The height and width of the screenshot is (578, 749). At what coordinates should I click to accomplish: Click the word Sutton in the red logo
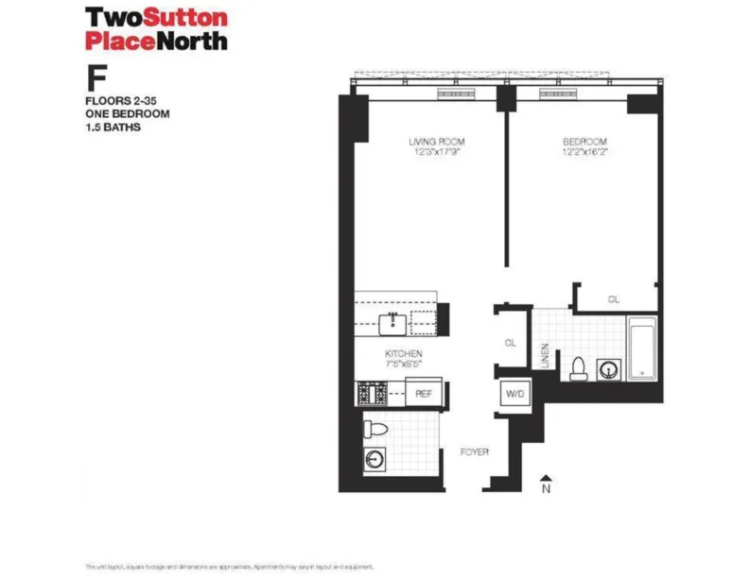point(179,17)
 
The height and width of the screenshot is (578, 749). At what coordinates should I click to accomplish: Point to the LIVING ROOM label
point(436,142)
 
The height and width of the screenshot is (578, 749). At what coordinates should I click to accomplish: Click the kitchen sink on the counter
point(393,324)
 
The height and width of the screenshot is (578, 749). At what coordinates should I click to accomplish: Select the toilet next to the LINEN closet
point(578,366)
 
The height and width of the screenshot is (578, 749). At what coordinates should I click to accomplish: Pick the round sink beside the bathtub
point(607,367)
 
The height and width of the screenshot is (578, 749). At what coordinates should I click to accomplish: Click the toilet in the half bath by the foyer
point(375,430)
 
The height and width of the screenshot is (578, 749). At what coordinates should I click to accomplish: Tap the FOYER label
point(475,452)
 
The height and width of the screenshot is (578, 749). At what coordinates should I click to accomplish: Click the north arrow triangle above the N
point(546,478)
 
